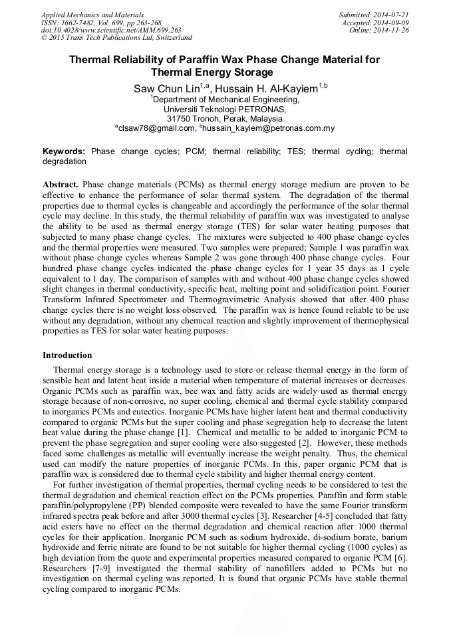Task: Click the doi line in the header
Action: (x=111, y=30)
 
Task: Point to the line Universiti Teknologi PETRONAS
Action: (x=225, y=109)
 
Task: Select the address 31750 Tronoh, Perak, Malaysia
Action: (x=225, y=118)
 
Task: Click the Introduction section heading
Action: (x=67, y=355)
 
